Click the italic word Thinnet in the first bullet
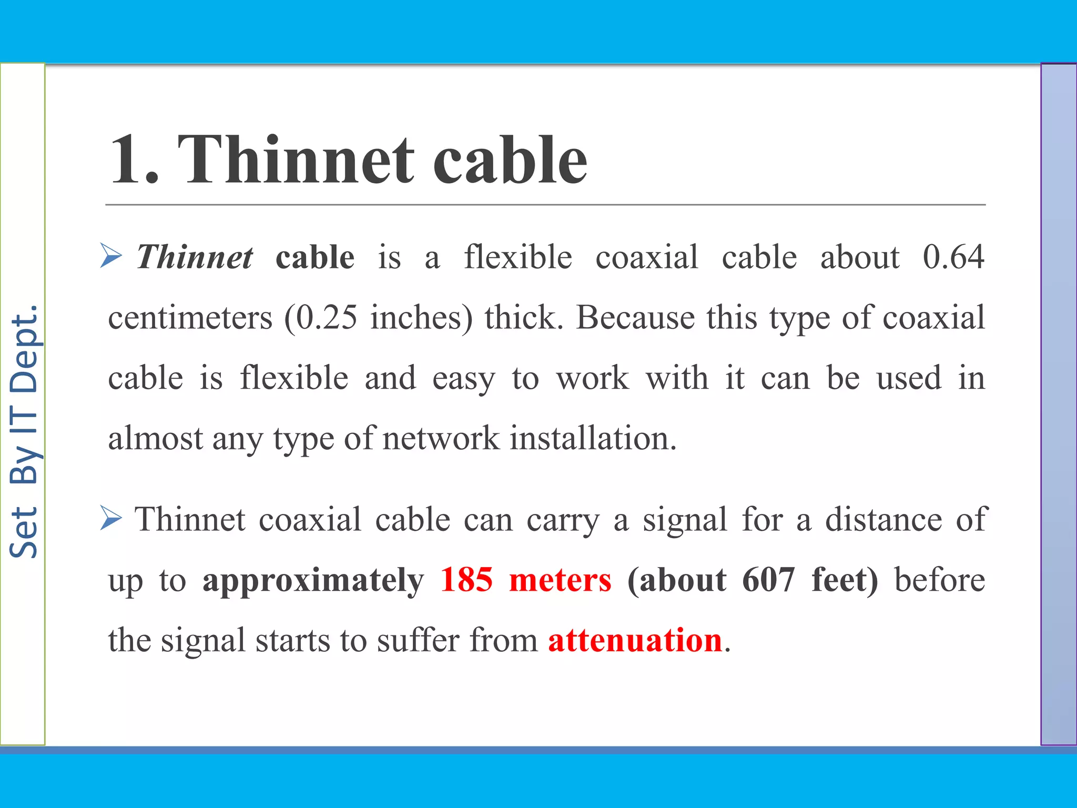click(x=195, y=257)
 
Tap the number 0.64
click(x=953, y=257)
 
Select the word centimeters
click(x=190, y=318)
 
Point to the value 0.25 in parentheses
click(x=327, y=318)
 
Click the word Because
click(x=635, y=318)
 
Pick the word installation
click(x=593, y=439)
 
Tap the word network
click(x=441, y=439)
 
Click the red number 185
click(x=466, y=580)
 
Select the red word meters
click(x=560, y=580)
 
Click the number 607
click(x=768, y=580)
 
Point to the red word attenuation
click(x=635, y=641)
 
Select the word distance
click(x=883, y=520)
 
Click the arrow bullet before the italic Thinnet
click(x=111, y=256)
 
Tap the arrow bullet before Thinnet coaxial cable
click(x=111, y=519)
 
